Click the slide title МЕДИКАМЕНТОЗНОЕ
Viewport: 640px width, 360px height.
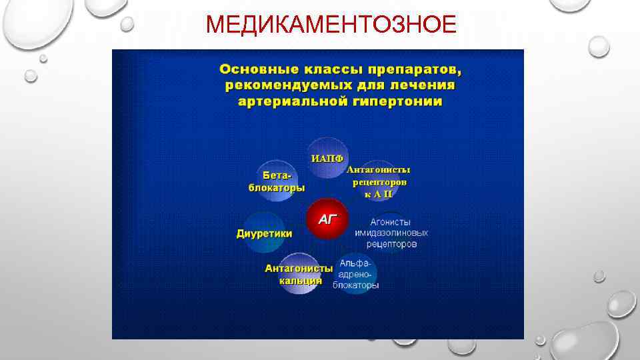[331, 25]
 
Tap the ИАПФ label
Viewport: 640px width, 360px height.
[327, 159]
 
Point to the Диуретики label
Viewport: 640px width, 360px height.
[265, 233]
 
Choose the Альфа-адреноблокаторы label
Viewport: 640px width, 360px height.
[356, 273]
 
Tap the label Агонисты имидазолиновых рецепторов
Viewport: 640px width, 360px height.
[391, 233]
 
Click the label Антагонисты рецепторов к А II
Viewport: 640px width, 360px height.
[379, 181]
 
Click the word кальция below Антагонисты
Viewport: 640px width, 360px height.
[301, 281]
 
